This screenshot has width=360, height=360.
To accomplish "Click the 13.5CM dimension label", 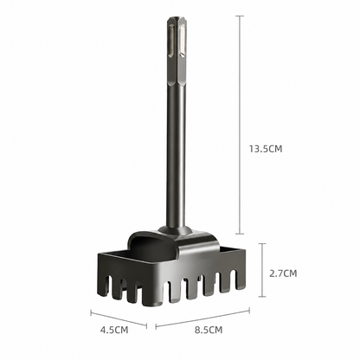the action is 266,149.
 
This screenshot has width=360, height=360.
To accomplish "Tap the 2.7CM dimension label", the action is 283,273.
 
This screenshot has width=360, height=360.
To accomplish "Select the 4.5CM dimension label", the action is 114,330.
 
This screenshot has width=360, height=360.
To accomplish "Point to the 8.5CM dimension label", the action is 209,330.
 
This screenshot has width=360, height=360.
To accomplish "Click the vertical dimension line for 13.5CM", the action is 240,125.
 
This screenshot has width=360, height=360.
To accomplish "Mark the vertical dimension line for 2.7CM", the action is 262,270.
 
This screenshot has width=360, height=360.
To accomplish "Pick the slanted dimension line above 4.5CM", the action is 119,319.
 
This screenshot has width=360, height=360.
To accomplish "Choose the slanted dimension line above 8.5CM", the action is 202,318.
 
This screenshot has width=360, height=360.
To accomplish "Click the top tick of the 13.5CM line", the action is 240,16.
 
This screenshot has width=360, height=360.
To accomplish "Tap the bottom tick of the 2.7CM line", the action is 262,296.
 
